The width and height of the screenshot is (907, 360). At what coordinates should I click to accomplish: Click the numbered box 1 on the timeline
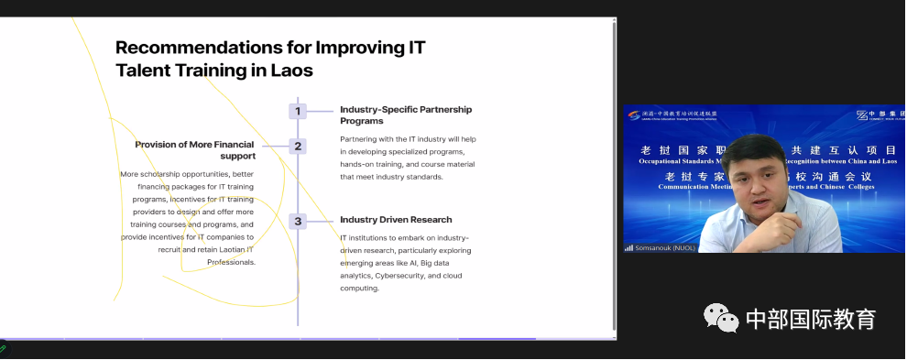(297, 111)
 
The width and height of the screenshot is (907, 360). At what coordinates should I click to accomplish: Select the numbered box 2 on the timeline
(297, 146)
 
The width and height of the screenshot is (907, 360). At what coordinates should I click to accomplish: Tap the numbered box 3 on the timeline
(297, 221)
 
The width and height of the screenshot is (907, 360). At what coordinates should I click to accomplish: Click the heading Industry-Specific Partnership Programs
(406, 115)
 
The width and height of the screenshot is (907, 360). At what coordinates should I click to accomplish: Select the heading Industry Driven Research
(396, 220)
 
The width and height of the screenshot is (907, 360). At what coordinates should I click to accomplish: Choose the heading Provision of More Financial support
(195, 149)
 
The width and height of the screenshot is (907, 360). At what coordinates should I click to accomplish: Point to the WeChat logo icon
(721, 318)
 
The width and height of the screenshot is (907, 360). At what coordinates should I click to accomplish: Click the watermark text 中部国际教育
(811, 319)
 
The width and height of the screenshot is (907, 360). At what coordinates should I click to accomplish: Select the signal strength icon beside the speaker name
(628, 247)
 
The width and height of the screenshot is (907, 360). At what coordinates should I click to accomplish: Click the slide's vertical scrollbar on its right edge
(614, 174)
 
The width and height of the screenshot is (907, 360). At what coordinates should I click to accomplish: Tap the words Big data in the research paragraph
(442, 262)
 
